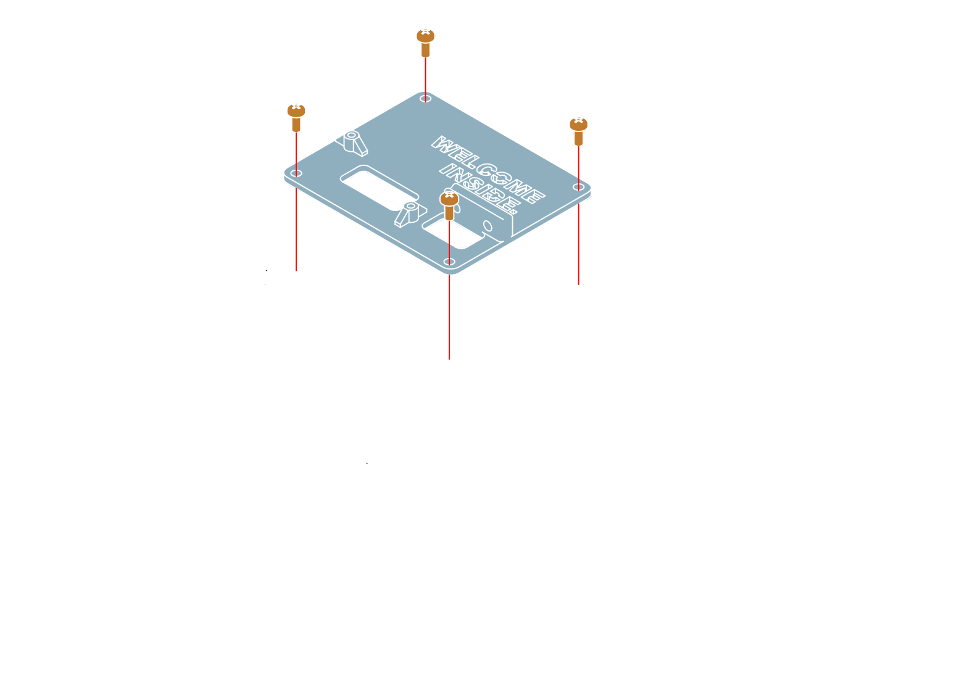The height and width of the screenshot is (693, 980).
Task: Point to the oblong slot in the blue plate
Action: click(373, 185)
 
